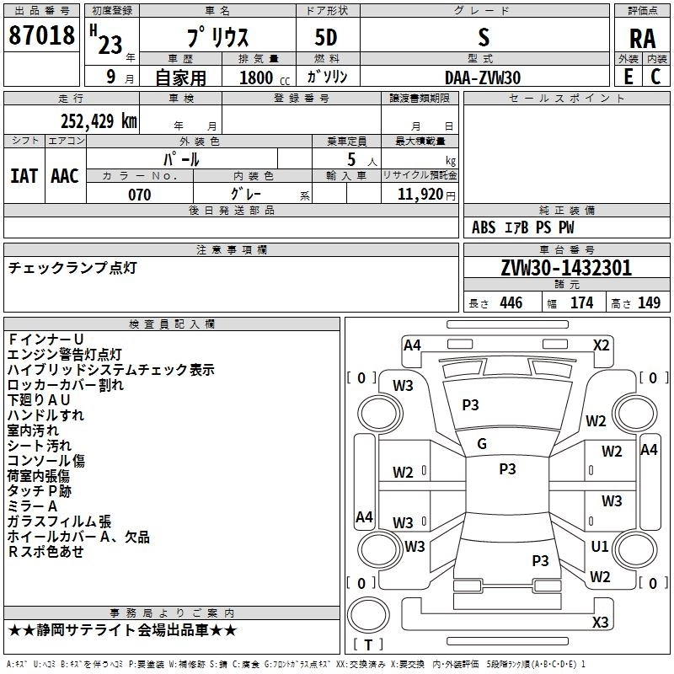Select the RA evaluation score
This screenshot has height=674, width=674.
coord(642,39)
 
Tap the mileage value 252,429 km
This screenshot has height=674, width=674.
coord(99,120)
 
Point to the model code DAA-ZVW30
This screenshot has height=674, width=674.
coord(483,78)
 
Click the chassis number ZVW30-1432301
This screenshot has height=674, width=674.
coord(566,269)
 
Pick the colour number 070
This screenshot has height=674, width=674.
coord(139,195)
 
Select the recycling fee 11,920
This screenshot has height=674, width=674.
coord(420,195)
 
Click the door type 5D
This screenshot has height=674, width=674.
coord(325,38)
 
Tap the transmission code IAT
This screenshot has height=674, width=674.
coord(24,176)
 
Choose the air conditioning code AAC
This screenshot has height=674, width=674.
coord(65,176)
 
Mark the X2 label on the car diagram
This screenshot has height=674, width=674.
coord(602,345)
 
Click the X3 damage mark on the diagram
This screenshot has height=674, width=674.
coord(600,623)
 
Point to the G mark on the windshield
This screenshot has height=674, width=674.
coord(482,444)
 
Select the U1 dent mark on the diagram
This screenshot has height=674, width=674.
coord(600,547)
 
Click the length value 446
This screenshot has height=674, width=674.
coord(510,303)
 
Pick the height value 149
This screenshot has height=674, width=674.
coord(649,303)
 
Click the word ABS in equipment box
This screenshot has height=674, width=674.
coord(484,227)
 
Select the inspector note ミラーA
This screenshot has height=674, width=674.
coord(32,506)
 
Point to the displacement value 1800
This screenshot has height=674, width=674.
coord(256,78)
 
